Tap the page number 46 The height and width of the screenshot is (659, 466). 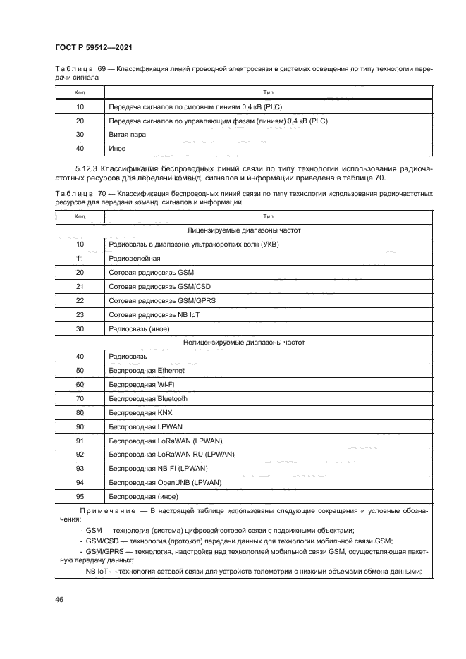60,599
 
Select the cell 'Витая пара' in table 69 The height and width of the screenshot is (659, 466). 124,135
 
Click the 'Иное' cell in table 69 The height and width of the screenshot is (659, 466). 116,149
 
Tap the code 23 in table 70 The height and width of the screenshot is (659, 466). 80,314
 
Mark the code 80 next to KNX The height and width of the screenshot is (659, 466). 80,412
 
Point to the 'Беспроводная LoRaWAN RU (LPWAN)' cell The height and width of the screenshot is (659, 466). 171,454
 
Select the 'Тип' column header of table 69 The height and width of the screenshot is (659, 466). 267,92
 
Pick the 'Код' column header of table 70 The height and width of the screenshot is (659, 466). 80,217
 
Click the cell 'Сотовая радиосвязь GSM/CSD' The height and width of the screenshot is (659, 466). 154,286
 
